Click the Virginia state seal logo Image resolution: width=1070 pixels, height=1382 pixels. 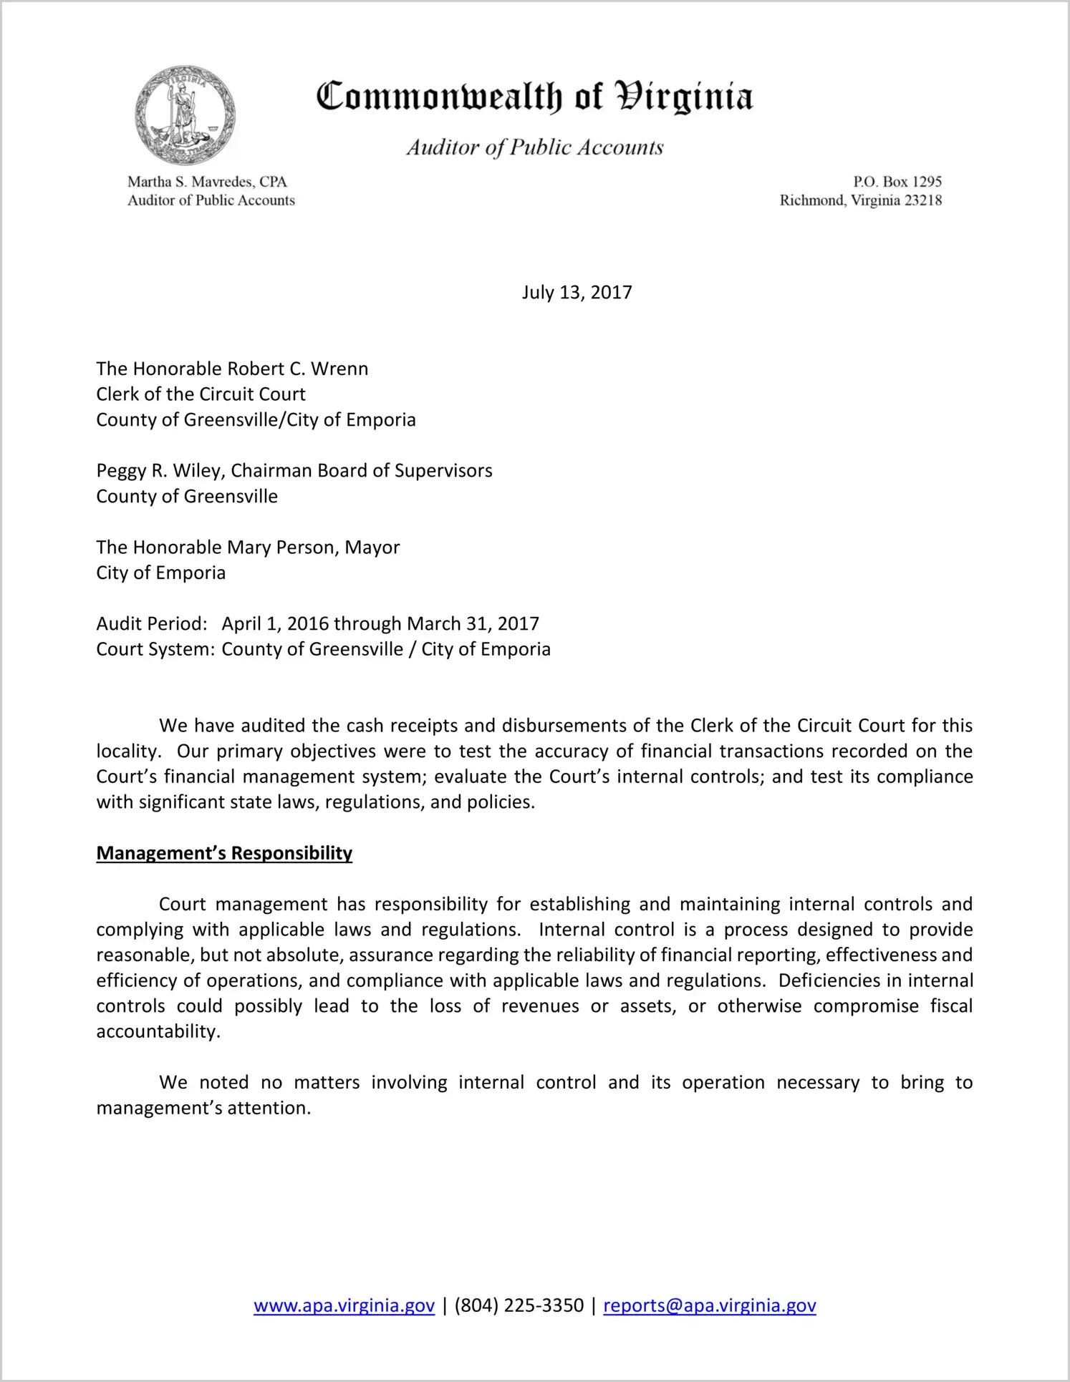tap(185, 115)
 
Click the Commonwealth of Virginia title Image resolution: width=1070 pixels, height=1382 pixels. tap(534, 97)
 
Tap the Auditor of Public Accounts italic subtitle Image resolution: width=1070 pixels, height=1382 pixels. tap(535, 147)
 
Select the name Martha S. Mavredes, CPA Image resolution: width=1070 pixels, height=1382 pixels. tap(207, 182)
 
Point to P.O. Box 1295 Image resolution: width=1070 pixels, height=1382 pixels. tap(897, 182)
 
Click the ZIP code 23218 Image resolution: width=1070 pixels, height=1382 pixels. tap(923, 200)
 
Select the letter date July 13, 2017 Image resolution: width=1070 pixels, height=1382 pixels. tap(577, 293)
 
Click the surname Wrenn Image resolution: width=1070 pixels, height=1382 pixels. tap(339, 369)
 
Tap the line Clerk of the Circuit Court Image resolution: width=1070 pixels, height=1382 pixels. tap(201, 394)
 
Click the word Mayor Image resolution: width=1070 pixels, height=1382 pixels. tap(372, 548)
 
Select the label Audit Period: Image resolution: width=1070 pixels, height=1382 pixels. tap(152, 624)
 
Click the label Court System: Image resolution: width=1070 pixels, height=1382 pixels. tap(155, 650)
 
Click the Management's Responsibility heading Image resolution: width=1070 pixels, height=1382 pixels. tap(224, 853)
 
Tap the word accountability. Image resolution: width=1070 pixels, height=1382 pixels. tap(157, 1031)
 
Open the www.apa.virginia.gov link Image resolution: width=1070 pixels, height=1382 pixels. tap(344, 1305)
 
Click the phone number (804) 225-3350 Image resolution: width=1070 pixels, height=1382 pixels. tap(519, 1305)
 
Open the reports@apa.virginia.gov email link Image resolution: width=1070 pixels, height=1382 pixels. tap(709, 1305)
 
